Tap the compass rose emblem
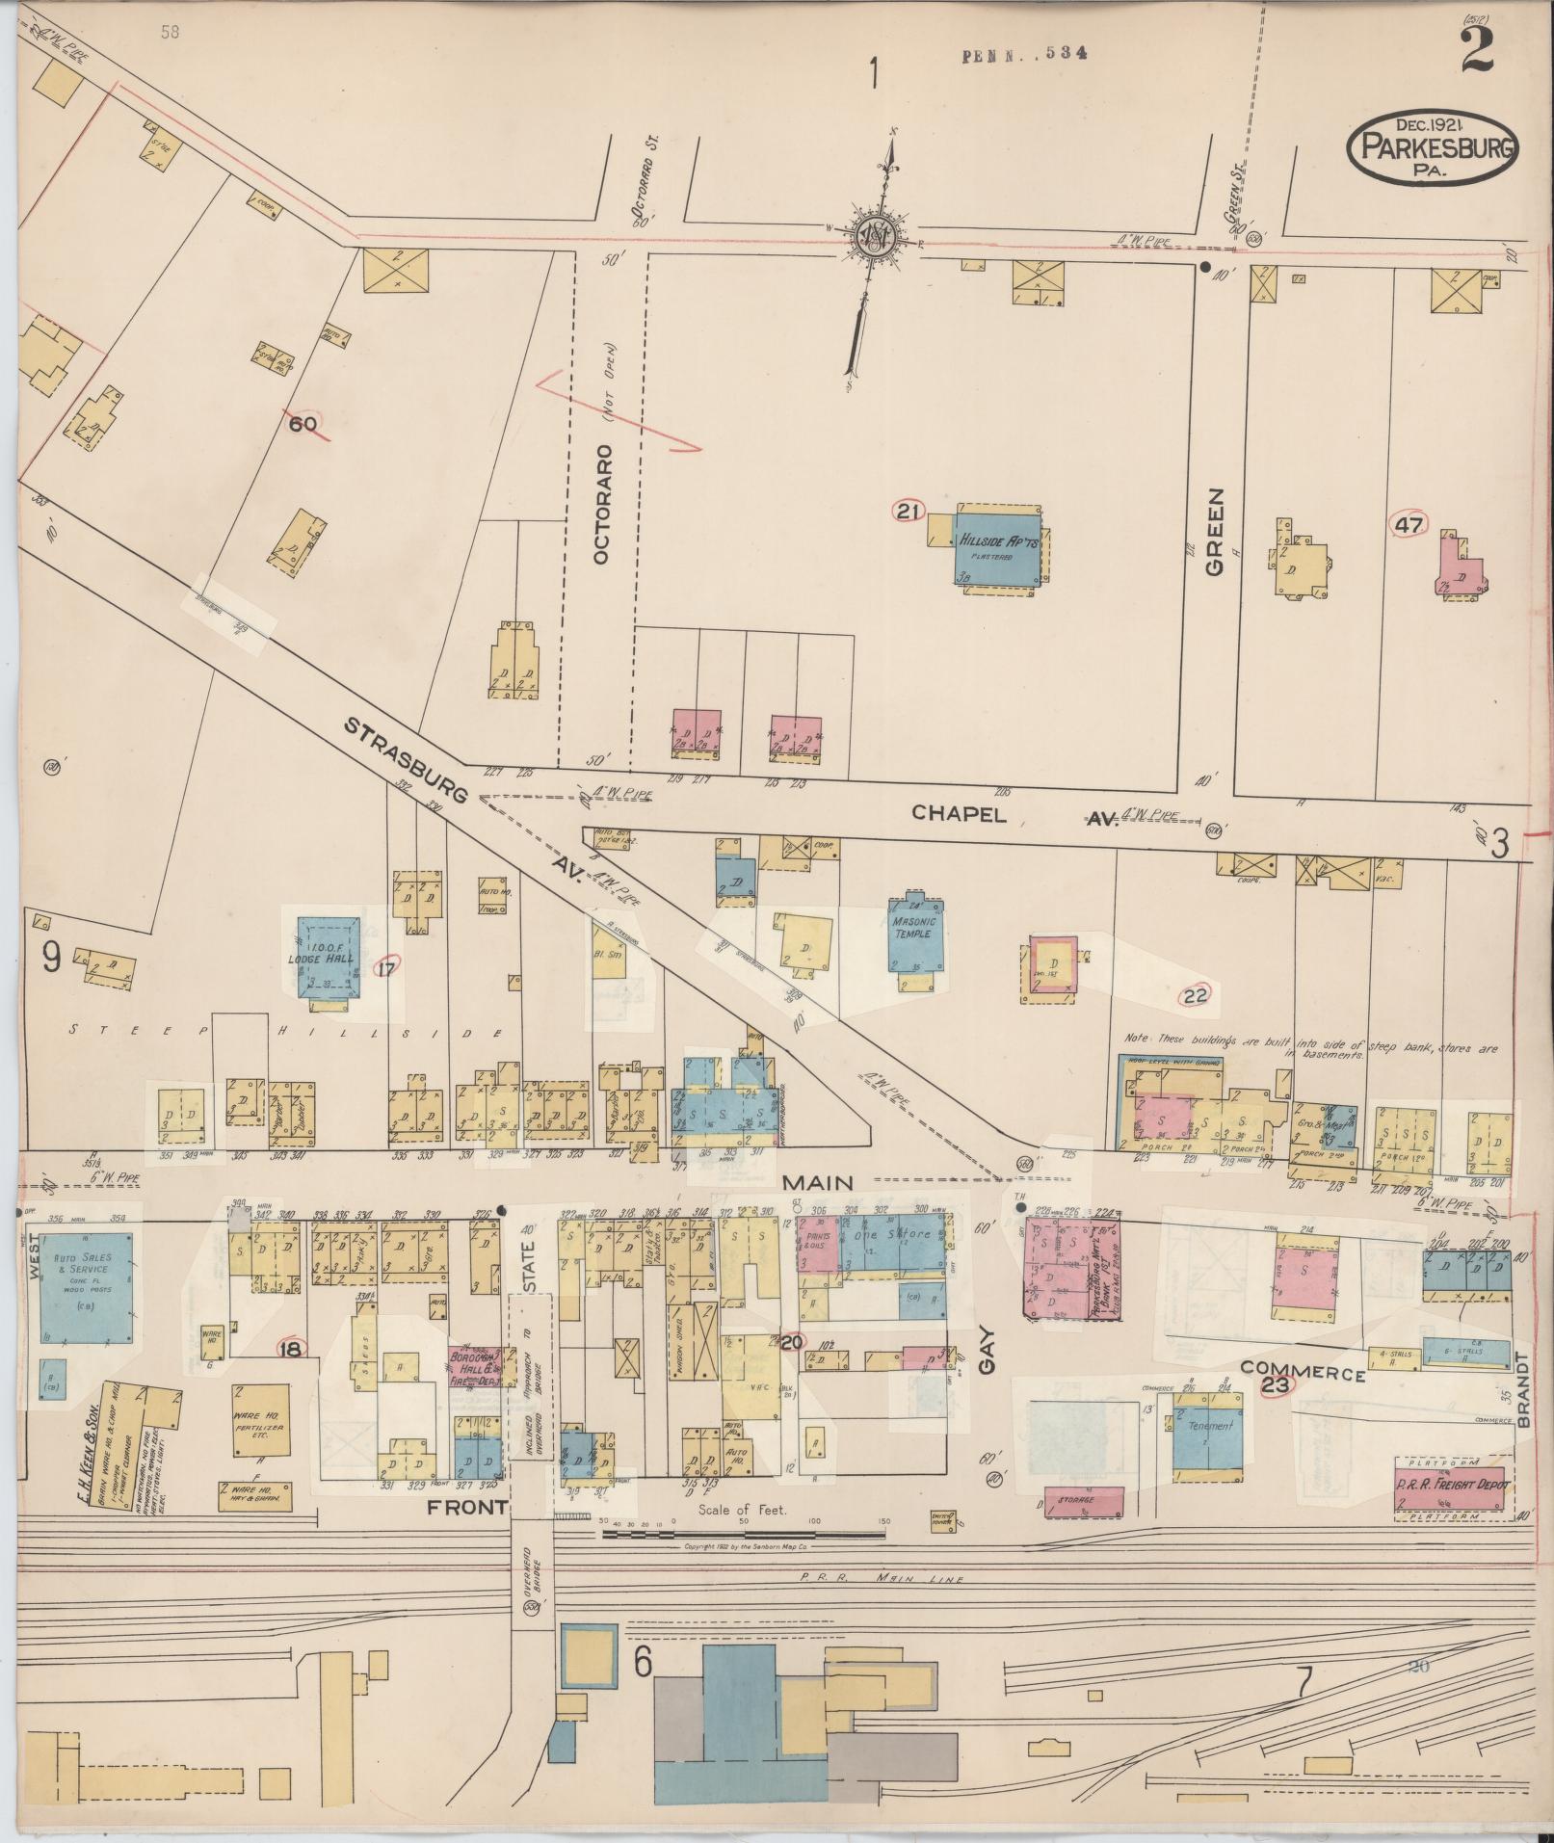[x=877, y=234]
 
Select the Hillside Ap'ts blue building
[x=998, y=550]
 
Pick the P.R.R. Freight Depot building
[x=1450, y=1487]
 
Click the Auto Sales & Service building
[x=86, y=1287]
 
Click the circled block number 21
[x=907, y=512]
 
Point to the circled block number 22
[x=1196, y=995]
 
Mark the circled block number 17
[x=386, y=969]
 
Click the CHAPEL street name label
[x=959, y=814]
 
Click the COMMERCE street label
[x=1302, y=1373]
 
